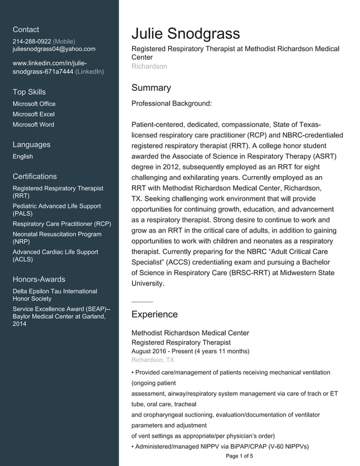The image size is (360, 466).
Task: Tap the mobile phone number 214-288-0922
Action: point(32,42)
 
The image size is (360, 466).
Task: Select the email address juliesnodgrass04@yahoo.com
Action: point(54,50)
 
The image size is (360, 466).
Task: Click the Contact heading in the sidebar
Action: point(26,29)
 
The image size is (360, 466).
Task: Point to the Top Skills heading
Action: point(29,92)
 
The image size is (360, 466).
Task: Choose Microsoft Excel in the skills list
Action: point(33,114)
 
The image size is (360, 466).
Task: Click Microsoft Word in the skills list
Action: point(33,125)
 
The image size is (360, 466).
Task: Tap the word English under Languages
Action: point(23,156)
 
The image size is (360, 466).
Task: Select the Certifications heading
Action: point(34,177)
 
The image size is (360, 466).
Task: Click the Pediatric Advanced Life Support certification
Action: point(56,210)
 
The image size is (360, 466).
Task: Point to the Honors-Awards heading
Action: point(38,279)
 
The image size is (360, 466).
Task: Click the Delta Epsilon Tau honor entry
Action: point(55,294)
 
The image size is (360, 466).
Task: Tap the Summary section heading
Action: point(151,88)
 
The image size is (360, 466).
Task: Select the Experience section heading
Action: point(154,314)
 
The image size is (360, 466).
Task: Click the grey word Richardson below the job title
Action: point(149,67)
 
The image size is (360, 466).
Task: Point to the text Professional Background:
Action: point(171,104)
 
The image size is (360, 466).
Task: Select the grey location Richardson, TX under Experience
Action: point(152,360)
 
